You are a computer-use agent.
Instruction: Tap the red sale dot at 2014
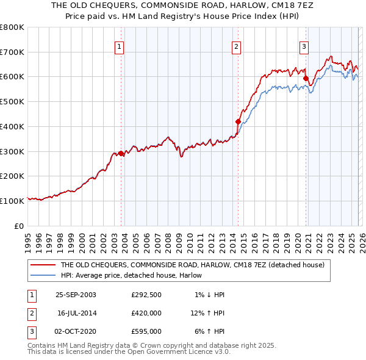[x=238, y=121]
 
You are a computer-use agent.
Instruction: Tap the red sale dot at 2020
[x=305, y=78]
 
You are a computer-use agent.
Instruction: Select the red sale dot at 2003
[x=121, y=153]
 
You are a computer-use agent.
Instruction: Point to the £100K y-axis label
[x=12, y=201]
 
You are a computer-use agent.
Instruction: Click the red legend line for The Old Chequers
[x=43, y=265]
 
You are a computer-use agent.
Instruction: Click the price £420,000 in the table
[x=146, y=313]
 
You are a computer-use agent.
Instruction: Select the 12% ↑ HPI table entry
[x=208, y=313]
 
